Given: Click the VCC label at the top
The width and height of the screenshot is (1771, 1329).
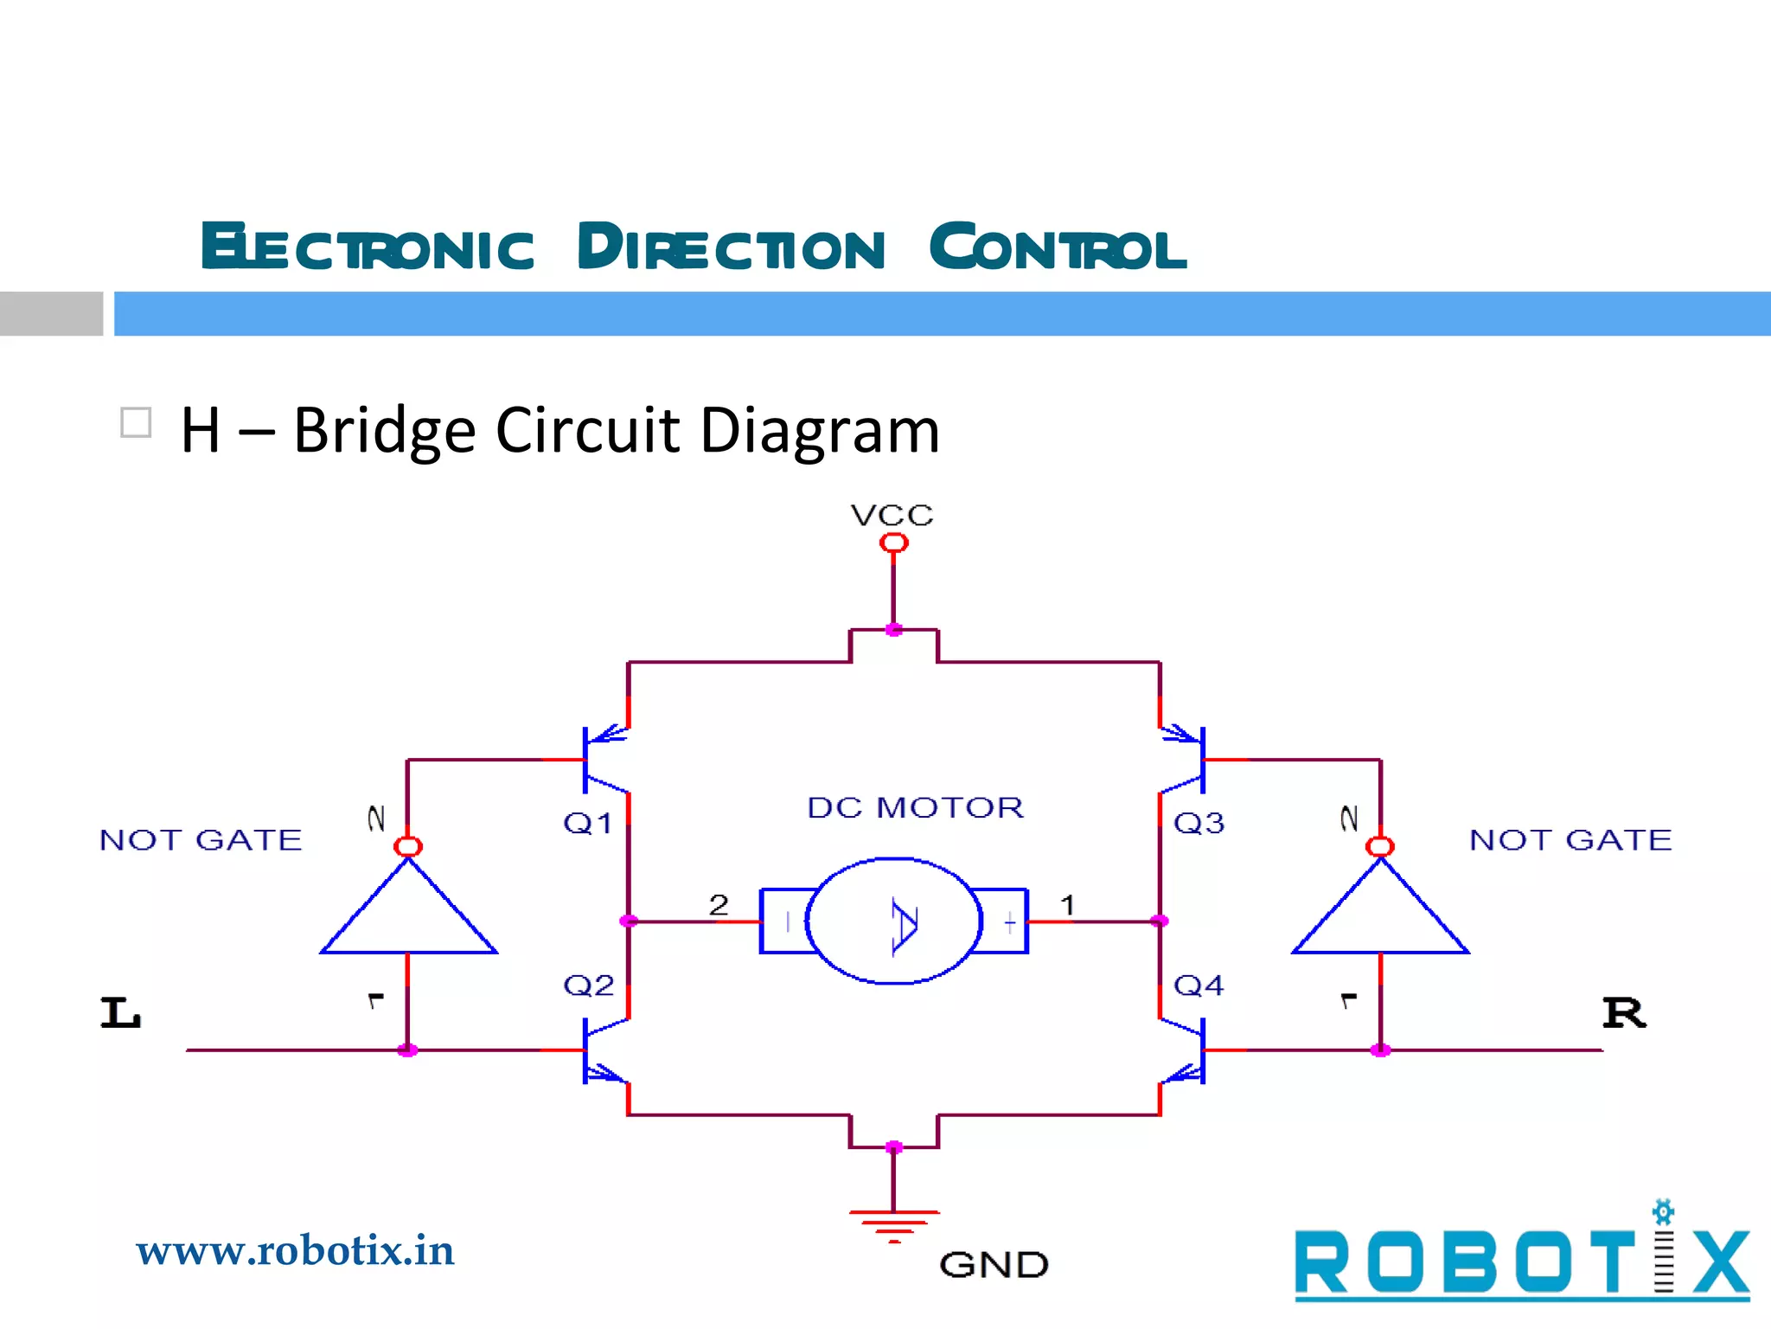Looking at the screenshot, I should click(x=892, y=516).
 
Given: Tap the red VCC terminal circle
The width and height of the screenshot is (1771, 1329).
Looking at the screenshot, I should click(x=893, y=543).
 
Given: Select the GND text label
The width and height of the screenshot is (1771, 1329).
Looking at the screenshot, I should click(x=994, y=1265).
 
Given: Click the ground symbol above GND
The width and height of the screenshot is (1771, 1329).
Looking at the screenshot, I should click(x=894, y=1224).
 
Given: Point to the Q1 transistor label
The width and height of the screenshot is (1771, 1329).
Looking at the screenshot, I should click(x=587, y=823).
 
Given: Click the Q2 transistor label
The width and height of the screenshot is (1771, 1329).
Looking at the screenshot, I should click(x=588, y=985).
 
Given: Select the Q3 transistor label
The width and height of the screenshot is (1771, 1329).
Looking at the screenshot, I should click(x=1199, y=823).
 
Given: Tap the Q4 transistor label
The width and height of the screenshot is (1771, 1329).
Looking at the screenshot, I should click(x=1199, y=985).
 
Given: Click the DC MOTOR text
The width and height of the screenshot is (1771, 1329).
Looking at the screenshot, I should click(x=915, y=807).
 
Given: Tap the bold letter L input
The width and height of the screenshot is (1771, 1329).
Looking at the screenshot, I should click(x=120, y=1012).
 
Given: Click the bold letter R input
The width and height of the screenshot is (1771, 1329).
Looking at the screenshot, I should click(x=1624, y=1012).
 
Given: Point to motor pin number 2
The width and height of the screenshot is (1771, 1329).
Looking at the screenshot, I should click(x=719, y=905).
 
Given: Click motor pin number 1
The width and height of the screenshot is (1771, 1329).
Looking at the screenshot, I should click(x=1067, y=905).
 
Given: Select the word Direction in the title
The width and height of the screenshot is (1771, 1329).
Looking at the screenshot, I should click(x=732, y=247).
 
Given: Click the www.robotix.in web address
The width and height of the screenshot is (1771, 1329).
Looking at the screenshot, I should click(x=295, y=1251).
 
